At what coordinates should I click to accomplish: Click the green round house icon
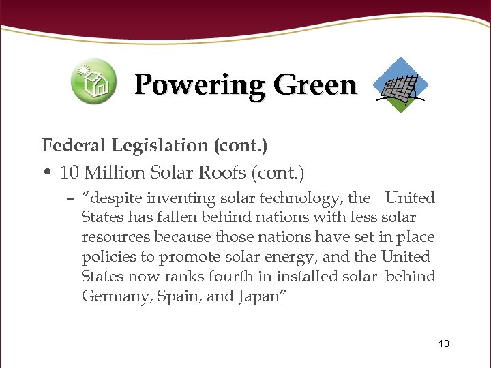click(94, 81)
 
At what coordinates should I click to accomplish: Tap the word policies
click(109, 257)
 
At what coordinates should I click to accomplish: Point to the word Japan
click(257, 296)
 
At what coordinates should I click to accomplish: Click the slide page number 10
click(444, 343)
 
